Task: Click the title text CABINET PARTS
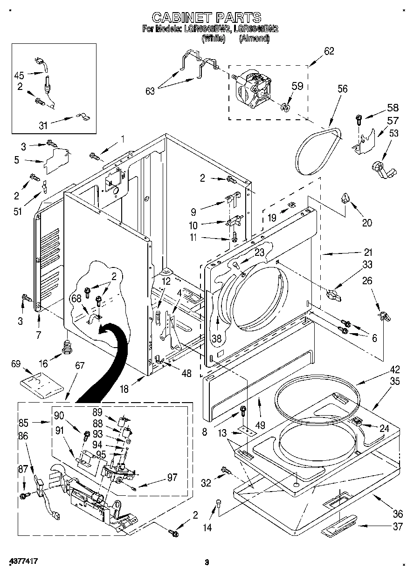(x=207, y=17)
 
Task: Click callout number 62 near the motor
(x=329, y=51)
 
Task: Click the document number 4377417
(x=22, y=562)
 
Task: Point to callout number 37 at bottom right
(x=397, y=527)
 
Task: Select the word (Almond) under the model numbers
(x=254, y=40)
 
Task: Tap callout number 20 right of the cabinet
(x=367, y=223)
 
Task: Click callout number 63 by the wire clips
(x=150, y=91)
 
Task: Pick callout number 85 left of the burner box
(x=24, y=424)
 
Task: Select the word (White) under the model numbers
(x=213, y=40)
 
